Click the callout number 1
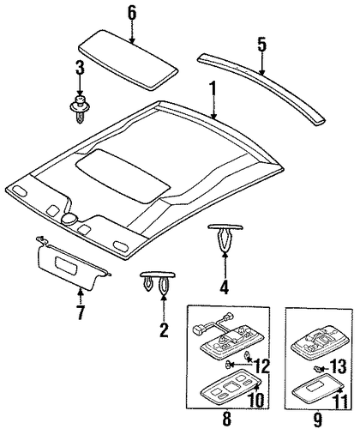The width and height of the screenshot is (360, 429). (x=213, y=89)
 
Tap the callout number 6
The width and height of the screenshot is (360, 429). (x=132, y=13)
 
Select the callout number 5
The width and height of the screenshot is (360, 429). (x=261, y=45)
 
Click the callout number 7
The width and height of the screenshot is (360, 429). (x=81, y=312)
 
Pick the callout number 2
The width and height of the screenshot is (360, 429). (x=164, y=329)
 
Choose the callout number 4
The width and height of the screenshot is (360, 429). (x=225, y=287)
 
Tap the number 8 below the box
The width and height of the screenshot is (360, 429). (x=226, y=419)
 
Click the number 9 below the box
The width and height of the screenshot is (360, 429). (x=317, y=419)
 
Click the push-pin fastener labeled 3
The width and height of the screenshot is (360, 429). (x=80, y=109)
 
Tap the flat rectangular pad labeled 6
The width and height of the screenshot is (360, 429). (x=129, y=59)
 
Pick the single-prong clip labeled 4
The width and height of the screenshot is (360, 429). (x=225, y=236)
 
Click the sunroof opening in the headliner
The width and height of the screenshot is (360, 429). (x=123, y=175)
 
